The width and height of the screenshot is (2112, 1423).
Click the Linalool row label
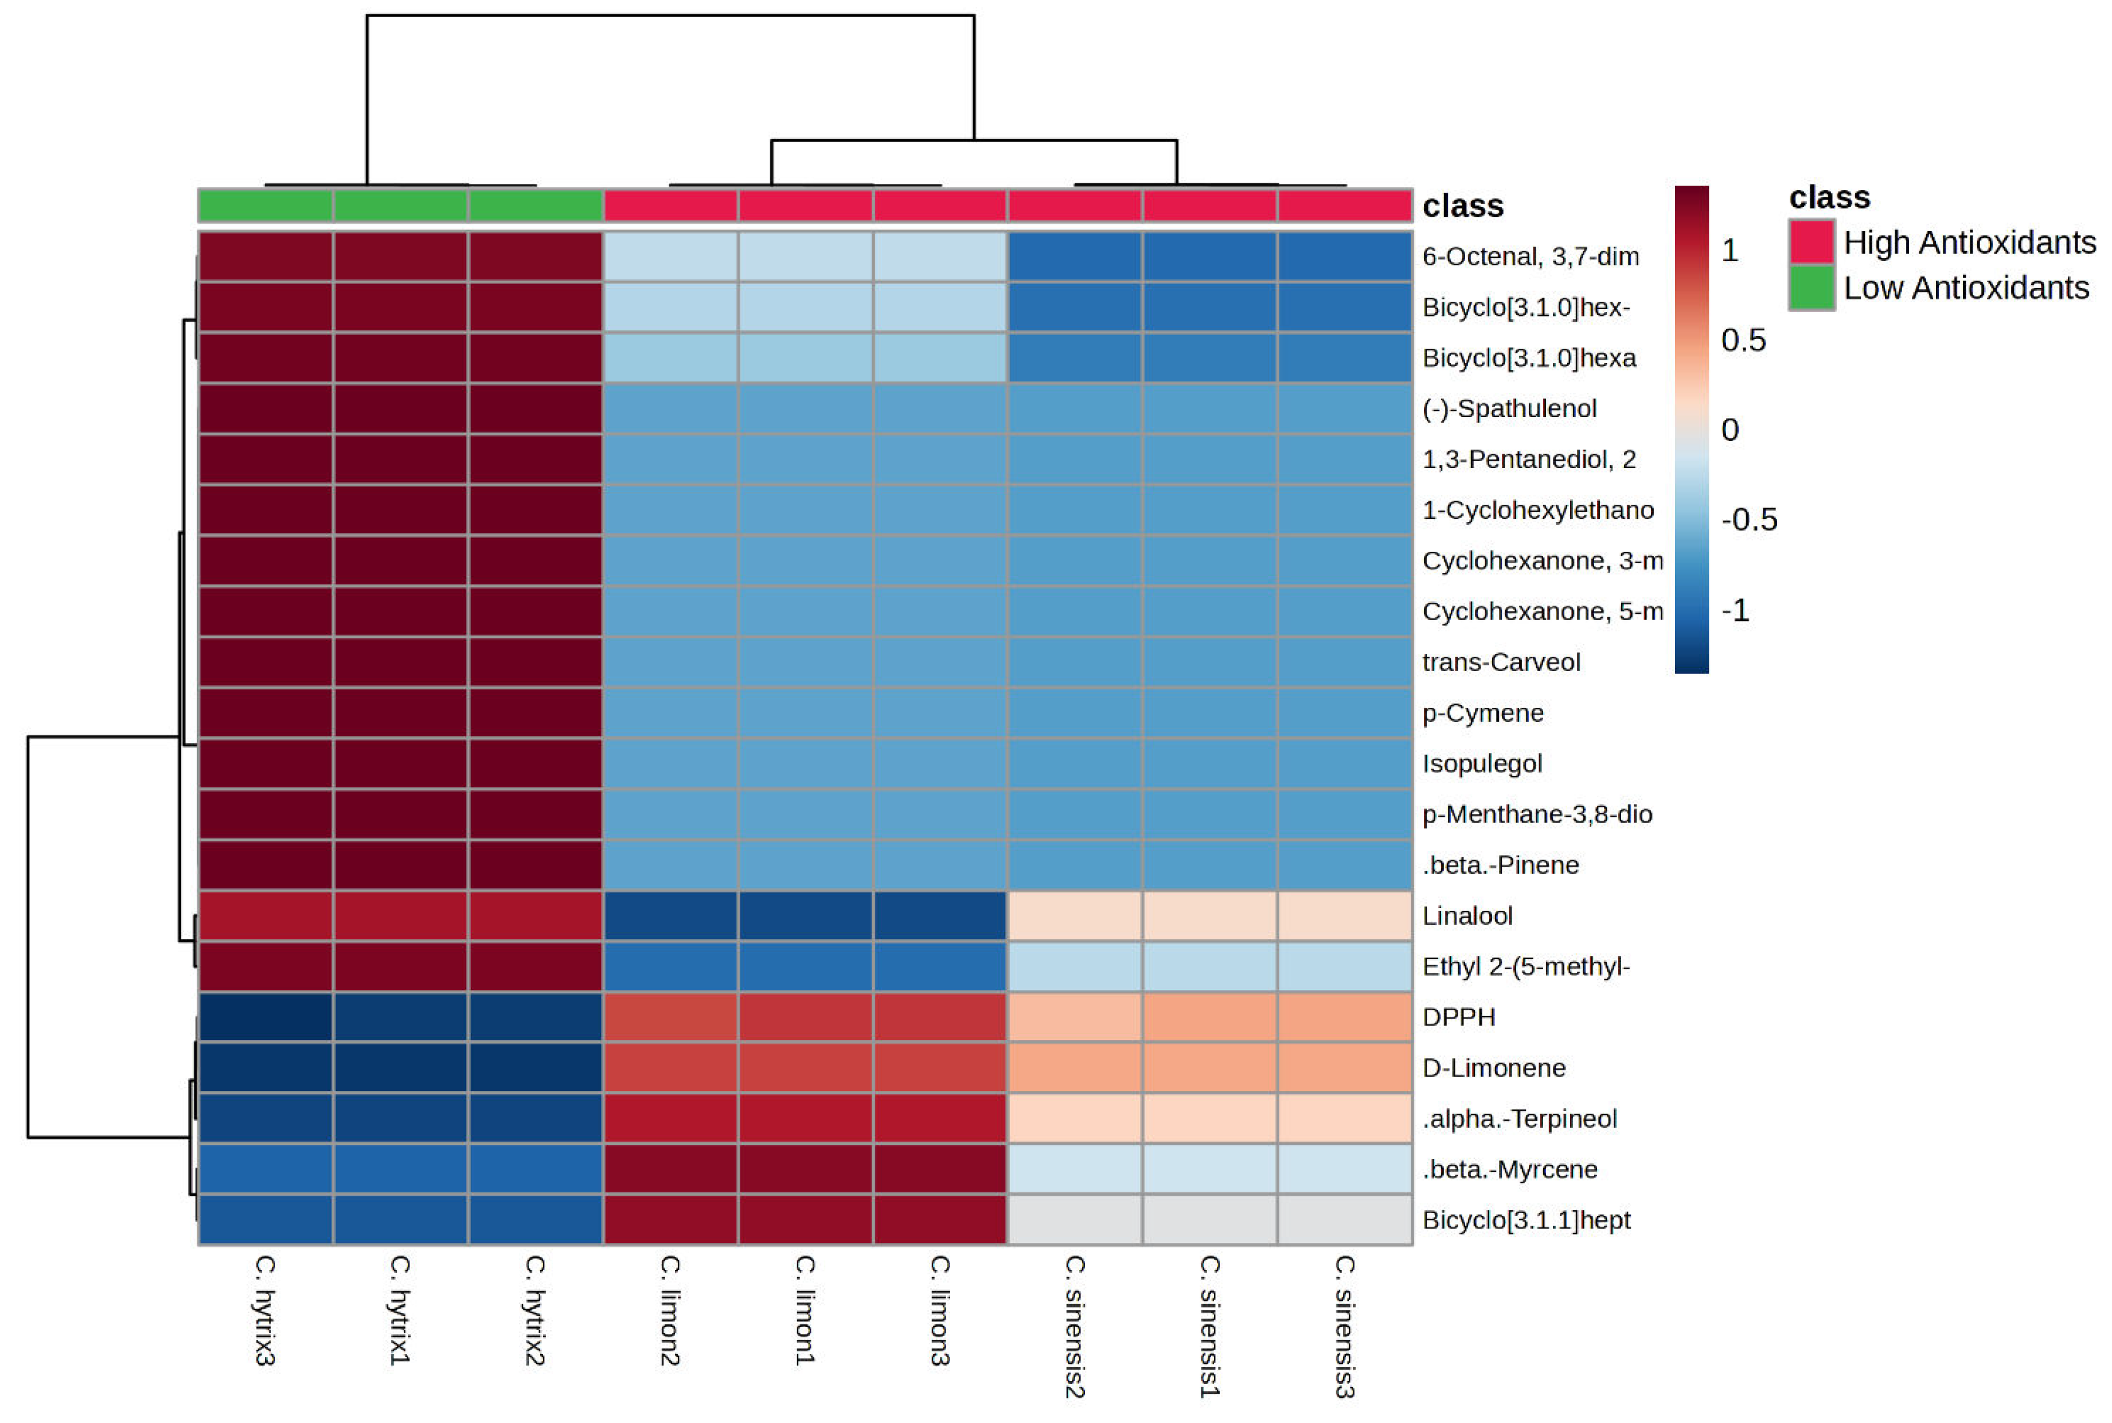click(1466, 916)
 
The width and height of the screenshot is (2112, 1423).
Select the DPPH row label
click(1458, 1017)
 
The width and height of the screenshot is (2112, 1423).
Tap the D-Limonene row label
click(1493, 1068)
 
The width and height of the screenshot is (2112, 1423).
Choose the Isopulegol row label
click(1481, 764)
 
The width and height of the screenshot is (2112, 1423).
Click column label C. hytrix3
click(264, 1309)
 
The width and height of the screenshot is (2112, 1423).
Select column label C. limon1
click(805, 1309)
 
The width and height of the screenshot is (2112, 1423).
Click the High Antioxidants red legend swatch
click(1811, 242)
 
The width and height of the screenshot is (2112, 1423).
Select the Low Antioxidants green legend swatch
click(1811, 288)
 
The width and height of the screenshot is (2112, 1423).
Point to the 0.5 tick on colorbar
click(1742, 340)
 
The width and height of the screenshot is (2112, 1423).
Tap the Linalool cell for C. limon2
click(670, 916)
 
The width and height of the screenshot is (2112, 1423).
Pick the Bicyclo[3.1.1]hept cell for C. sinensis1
click(1209, 1220)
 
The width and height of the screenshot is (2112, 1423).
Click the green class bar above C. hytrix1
click(401, 205)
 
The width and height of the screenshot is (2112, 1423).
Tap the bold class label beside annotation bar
click(1462, 206)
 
